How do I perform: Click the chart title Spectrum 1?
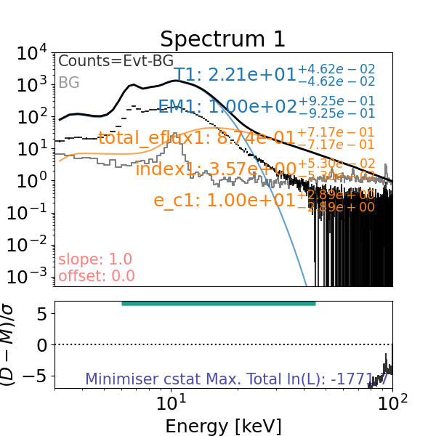(223, 39)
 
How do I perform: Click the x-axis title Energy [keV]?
(223, 425)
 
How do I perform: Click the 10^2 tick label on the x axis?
(393, 403)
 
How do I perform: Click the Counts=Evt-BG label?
(116, 62)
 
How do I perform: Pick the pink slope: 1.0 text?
(85, 259)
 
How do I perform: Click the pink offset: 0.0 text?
(86, 275)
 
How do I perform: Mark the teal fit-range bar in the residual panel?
(218, 303)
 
